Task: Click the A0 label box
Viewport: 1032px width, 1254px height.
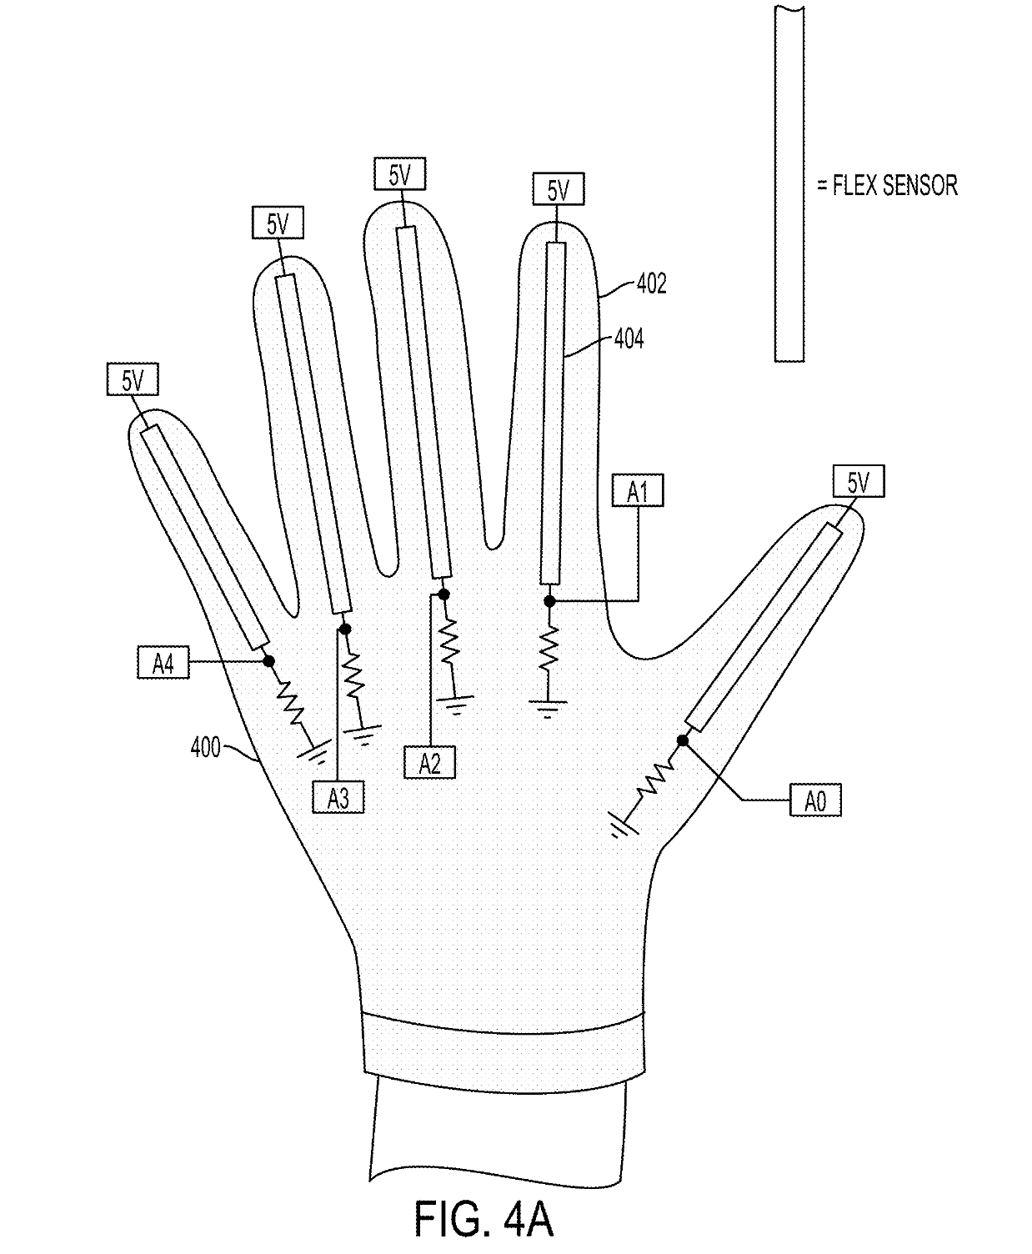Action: pos(815,800)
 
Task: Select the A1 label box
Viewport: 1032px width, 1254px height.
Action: pos(638,490)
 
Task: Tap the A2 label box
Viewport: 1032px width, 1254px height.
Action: pos(429,762)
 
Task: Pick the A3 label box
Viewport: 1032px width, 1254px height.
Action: pos(338,797)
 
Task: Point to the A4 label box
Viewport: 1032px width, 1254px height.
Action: pos(163,662)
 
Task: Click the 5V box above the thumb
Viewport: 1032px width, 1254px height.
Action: pos(859,481)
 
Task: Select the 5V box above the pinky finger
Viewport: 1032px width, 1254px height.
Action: pos(133,379)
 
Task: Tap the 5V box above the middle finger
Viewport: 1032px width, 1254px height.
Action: pos(399,173)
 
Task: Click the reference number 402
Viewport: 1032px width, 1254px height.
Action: pos(652,283)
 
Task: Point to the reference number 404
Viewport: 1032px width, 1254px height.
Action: pos(629,339)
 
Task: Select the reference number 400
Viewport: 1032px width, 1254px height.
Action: pos(206,747)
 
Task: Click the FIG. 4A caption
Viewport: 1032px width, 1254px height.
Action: pos(483,1219)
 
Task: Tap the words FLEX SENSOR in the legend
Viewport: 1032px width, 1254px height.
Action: pos(894,185)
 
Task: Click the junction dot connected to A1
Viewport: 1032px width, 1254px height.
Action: pos(550,601)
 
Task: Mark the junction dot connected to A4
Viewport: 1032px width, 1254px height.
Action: pos(268,661)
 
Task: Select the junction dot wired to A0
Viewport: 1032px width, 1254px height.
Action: pos(683,740)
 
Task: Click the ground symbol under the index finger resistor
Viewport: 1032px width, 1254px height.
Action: pos(548,709)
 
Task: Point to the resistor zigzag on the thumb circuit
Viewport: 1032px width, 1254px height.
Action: pos(656,780)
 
